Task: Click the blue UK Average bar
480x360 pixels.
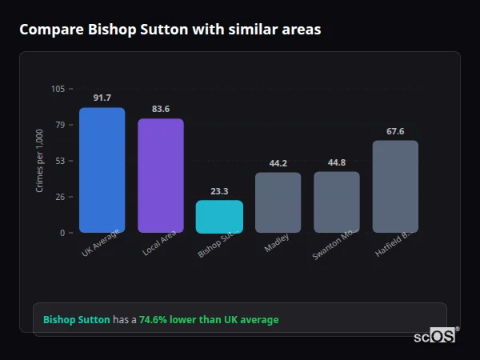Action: [102, 170]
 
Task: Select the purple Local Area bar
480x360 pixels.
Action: [160, 176]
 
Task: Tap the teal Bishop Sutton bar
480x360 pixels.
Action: [219, 217]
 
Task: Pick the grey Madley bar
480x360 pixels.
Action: [278, 202]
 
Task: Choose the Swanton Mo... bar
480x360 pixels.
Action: [336, 202]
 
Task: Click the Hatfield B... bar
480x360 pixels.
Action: [395, 186]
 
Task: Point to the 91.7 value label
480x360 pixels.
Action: [102, 98]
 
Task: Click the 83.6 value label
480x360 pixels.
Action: [160, 109]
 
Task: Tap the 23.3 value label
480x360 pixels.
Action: [219, 191]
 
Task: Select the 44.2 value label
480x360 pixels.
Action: [278, 163]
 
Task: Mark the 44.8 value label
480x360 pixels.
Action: [336, 162]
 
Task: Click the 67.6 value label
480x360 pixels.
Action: [395, 131]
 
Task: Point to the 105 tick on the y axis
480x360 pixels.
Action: [58, 89]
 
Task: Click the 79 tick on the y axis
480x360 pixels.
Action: [61, 125]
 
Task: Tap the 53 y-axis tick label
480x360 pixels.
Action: [61, 161]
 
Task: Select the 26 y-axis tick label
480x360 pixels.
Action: [61, 197]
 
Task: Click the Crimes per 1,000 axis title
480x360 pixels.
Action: [40, 161]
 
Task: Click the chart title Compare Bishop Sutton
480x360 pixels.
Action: [170, 30]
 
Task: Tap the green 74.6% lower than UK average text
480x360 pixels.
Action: [209, 320]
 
